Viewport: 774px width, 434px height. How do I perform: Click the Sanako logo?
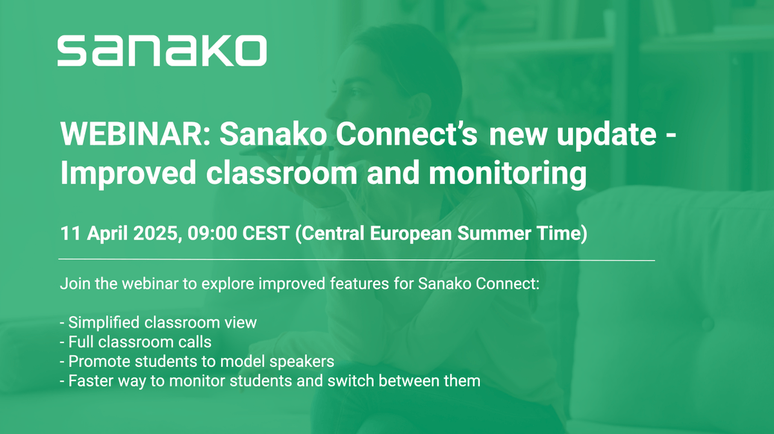tap(161, 50)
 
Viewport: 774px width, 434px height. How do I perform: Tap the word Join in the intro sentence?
tap(72, 284)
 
